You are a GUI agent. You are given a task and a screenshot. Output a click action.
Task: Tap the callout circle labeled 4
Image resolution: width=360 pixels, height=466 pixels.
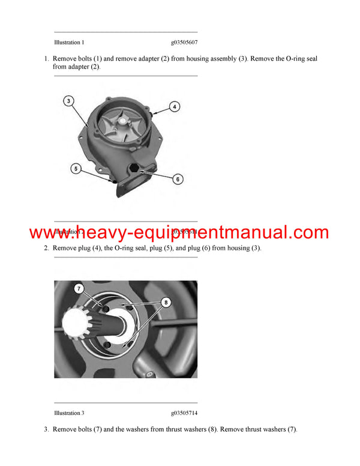173,107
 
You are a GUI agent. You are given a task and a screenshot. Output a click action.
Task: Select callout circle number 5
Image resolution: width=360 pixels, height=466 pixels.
76,169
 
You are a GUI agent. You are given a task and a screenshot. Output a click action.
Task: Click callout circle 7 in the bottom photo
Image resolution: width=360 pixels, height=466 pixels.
79,289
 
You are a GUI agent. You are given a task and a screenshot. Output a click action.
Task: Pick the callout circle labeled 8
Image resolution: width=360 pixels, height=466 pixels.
166,304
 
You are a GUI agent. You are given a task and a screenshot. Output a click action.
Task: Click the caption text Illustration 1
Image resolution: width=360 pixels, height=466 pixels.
69,43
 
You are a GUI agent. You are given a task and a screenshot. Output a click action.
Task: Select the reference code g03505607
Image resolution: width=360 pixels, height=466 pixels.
184,43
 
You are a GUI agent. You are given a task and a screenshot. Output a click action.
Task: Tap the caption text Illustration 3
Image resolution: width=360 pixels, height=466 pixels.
69,413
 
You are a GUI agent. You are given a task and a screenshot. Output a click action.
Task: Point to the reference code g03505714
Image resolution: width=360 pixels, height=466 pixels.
184,413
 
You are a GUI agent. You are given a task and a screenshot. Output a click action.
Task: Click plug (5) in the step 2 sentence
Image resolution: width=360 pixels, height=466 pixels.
187,248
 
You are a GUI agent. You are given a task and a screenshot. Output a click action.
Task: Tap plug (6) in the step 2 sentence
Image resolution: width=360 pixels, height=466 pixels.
225,248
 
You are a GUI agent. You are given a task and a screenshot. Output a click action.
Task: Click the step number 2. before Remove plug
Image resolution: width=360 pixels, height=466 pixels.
46,248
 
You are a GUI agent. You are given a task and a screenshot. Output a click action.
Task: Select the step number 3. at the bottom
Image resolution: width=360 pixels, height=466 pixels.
46,429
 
